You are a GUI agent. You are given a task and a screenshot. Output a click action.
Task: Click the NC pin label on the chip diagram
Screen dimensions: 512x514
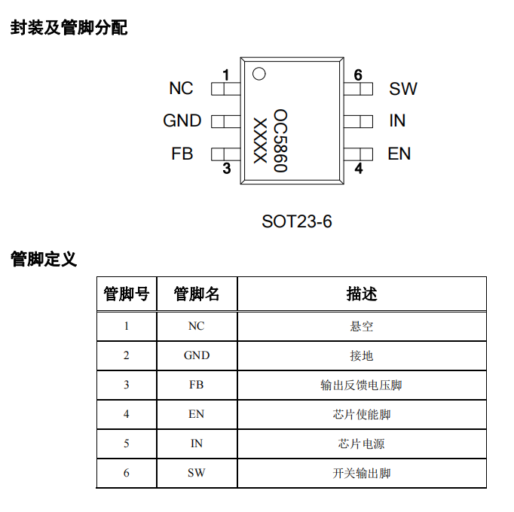(181, 89)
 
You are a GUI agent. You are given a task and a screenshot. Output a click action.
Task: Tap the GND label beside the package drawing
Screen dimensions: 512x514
(182, 120)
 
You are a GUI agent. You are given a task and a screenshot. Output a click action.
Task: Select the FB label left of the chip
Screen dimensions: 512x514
(182, 154)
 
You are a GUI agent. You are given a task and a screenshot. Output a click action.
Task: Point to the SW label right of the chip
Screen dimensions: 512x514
(403, 89)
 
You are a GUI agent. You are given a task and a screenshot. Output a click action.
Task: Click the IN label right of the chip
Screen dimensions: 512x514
(397, 120)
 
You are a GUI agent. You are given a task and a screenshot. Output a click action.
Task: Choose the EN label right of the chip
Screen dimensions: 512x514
(399, 154)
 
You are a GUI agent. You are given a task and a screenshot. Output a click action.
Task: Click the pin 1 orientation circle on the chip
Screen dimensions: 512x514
(259, 74)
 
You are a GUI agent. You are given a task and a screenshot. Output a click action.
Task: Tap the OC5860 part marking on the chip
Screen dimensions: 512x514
(280, 140)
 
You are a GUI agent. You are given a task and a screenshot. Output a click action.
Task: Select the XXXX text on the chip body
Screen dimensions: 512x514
(259, 140)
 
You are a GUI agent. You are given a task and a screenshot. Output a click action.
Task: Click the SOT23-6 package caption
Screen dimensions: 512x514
(297, 221)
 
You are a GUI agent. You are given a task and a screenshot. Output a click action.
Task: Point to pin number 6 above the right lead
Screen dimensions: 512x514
(358, 75)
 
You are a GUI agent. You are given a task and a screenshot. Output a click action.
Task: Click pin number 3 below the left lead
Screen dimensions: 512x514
(226, 169)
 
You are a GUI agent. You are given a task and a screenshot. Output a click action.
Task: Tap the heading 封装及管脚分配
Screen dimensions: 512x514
(69, 29)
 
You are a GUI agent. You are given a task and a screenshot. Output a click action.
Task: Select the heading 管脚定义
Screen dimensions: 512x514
(44, 260)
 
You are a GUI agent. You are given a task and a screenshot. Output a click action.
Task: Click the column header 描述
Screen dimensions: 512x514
(362, 294)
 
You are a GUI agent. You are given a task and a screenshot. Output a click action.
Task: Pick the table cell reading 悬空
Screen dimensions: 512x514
(362, 326)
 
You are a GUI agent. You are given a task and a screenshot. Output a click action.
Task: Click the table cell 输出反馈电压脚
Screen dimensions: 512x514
(362, 385)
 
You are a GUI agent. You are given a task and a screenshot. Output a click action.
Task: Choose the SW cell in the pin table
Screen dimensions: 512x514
(196, 473)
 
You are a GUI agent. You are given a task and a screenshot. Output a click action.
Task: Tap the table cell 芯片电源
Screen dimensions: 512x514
(362, 443)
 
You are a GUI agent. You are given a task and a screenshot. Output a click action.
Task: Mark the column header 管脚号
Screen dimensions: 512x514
(126, 294)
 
